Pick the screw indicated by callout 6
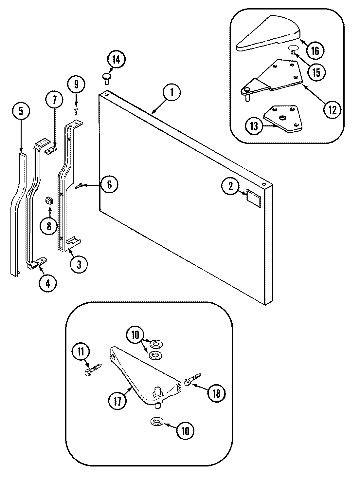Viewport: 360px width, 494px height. point(79,186)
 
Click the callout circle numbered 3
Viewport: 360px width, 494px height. point(79,264)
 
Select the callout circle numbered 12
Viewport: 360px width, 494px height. point(332,109)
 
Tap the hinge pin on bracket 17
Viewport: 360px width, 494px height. point(158,391)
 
